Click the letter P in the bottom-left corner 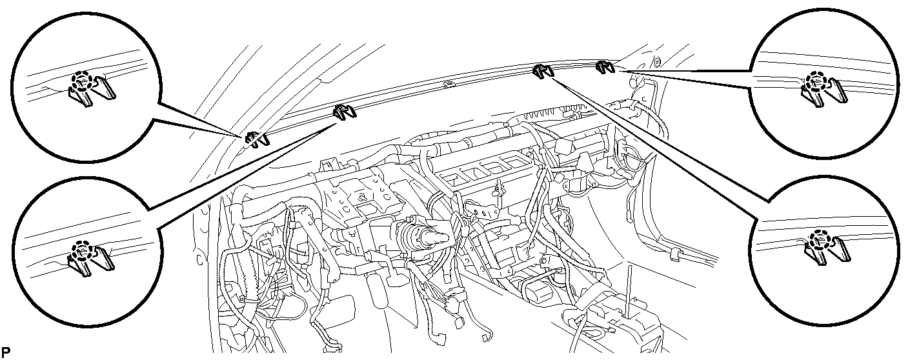coord(6,352)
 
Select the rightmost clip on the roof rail coord(605,67)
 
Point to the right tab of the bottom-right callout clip coord(840,250)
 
